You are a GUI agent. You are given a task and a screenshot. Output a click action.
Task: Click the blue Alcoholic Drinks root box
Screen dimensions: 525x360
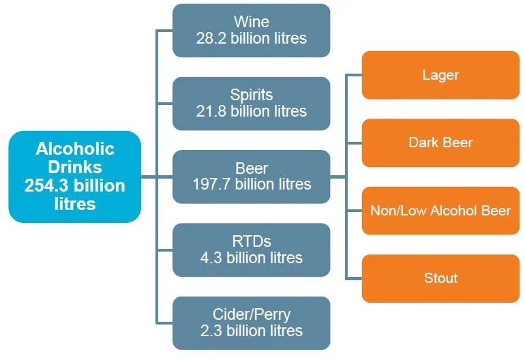pyautogui.click(x=74, y=176)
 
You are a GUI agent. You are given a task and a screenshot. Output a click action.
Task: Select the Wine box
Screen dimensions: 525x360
pyautogui.click(x=251, y=30)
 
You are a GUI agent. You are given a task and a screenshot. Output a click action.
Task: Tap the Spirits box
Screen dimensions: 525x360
pyautogui.click(x=251, y=103)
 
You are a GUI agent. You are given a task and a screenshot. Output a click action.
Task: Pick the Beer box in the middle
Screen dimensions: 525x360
pyautogui.click(x=251, y=176)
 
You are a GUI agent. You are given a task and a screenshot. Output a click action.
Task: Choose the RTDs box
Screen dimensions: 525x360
pyautogui.click(x=251, y=250)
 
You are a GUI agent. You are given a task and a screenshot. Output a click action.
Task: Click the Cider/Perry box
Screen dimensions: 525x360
pyautogui.click(x=251, y=322)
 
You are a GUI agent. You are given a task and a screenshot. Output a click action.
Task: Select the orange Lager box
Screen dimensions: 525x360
pyautogui.click(x=440, y=75)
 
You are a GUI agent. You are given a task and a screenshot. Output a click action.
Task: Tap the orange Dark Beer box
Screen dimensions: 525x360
pyautogui.click(x=440, y=142)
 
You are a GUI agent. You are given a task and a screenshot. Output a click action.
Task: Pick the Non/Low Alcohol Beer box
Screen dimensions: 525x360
pyautogui.click(x=440, y=210)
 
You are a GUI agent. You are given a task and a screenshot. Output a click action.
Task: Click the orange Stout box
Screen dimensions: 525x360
pyautogui.click(x=440, y=278)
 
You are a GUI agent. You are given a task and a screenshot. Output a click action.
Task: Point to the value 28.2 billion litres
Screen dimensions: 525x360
pyautogui.click(x=251, y=38)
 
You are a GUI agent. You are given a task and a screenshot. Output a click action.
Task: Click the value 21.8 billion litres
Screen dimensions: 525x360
pyautogui.click(x=251, y=111)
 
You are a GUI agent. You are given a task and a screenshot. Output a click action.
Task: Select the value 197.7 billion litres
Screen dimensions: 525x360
pyautogui.click(x=251, y=184)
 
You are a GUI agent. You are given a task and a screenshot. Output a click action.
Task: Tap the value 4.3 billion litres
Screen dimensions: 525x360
pyautogui.click(x=251, y=258)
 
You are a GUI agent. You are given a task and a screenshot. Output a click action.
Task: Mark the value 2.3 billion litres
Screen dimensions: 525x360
pyautogui.click(x=251, y=331)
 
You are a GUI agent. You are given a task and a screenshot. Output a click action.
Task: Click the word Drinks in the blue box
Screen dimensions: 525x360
pyautogui.click(x=74, y=166)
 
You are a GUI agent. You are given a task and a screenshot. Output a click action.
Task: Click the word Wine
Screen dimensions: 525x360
pyautogui.click(x=251, y=22)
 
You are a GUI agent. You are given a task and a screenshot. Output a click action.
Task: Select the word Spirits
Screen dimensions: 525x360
pyautogui.click(x=251, y=95)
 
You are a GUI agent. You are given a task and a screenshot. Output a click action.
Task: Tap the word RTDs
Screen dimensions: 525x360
pyautogui.click(x=251, y=241)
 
